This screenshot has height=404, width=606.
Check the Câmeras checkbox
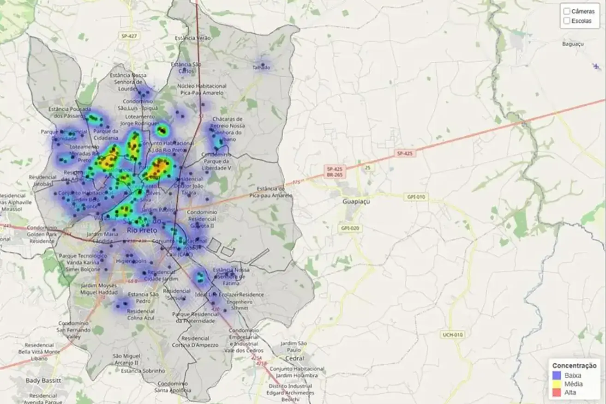coord(567,11)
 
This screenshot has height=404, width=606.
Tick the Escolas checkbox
coord(567,21)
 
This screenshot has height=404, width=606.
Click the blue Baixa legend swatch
coord(557,375)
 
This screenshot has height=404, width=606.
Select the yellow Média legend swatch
coord(557,384)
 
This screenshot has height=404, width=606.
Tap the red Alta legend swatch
coord(557,392)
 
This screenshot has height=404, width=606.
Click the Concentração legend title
coord(574,366)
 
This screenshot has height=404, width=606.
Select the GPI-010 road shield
coord(417,197)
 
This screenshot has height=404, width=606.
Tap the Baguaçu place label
coord(573,44)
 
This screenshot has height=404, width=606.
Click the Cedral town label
coord(295,358)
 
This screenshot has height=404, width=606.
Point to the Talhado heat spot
coord(262,66)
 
